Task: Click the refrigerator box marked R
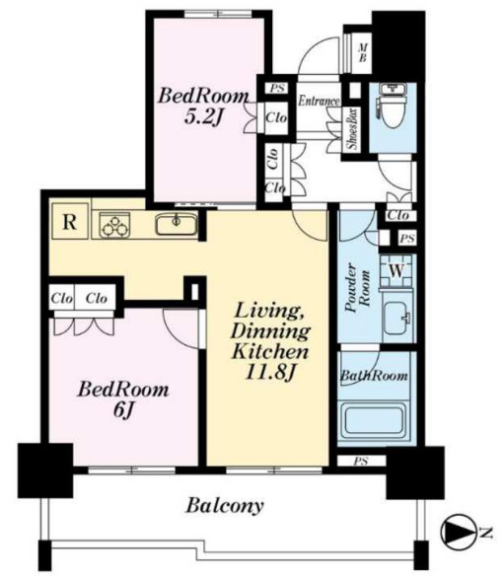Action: (x=70, y=221)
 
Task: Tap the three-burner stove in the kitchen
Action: (x=114, y=225)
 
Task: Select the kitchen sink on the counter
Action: (x=176, y=224)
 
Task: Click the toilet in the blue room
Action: (x=393, y=106)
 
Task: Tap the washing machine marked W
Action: (x=396, y=271)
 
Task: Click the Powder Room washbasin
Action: (x=397, y=318)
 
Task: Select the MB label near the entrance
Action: (x=363, y=52)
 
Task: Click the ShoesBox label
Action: (x=353, y=129)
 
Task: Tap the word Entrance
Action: (x=319, y=101)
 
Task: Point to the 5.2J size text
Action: (x=204, y=117)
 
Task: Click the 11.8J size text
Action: (x=270, y=372)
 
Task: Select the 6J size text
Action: (x=122, y=409)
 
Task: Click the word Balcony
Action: (x=225, y=505)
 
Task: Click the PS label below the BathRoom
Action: (x=361, y=461)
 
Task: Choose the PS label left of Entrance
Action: (x=277, y=88)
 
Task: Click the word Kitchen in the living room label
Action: (x=270, y=352)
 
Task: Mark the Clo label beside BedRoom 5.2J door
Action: (x=276, y=117)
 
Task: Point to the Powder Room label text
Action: (x=357, y=288)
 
